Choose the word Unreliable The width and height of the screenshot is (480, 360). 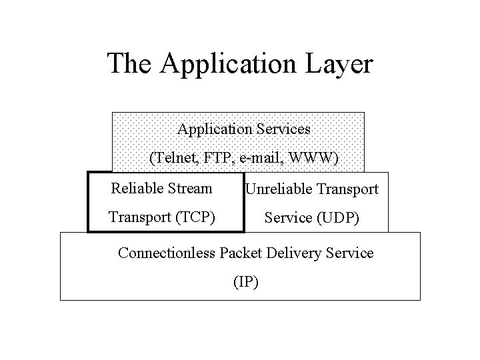pos(277,190)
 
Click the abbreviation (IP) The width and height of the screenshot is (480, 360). pos(246,282)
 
